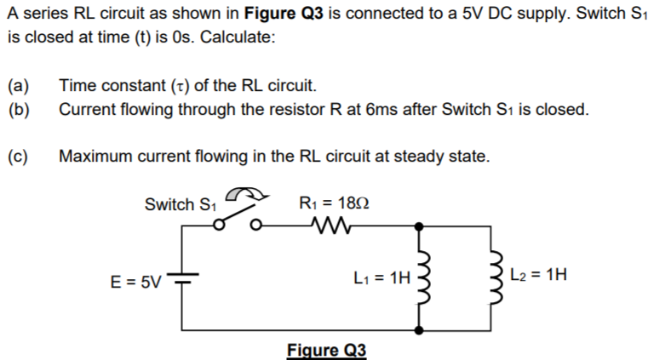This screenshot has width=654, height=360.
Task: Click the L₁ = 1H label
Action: [x=381, y=277]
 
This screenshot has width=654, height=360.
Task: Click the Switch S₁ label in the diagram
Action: [x=181, y=204]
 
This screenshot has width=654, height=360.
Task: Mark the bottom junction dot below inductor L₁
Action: [x=419, y=329]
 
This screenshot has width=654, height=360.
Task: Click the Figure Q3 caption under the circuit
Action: [x=326, y=350]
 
